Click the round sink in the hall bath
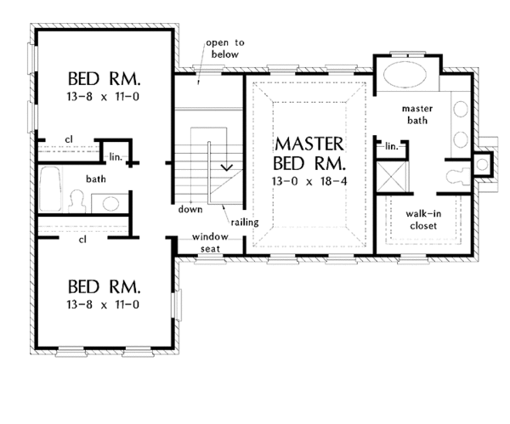point(109,202)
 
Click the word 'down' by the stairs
point(191,207)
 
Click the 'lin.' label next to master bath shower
point(392,146)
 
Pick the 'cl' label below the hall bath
point(83,240)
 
